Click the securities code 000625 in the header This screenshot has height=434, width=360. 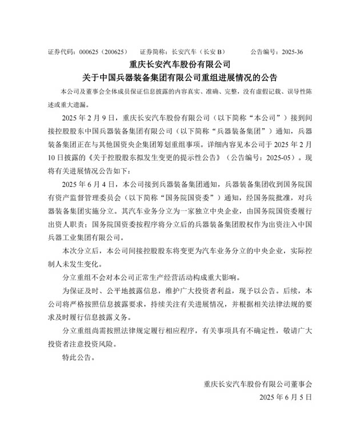tap(88, 51)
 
